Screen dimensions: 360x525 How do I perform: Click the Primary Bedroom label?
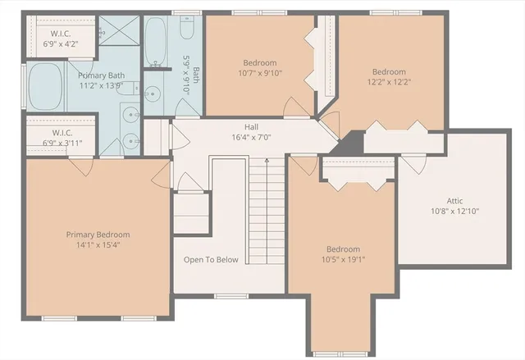98,235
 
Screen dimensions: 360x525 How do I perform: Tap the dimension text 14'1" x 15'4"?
98,245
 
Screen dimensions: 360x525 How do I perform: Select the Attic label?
454,200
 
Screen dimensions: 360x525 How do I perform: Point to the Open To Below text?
211,260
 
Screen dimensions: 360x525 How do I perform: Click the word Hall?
251,127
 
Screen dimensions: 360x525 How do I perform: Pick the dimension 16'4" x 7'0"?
251,138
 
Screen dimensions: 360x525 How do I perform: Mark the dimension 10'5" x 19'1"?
343,260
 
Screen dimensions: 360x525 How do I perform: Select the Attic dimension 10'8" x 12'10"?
454,211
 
